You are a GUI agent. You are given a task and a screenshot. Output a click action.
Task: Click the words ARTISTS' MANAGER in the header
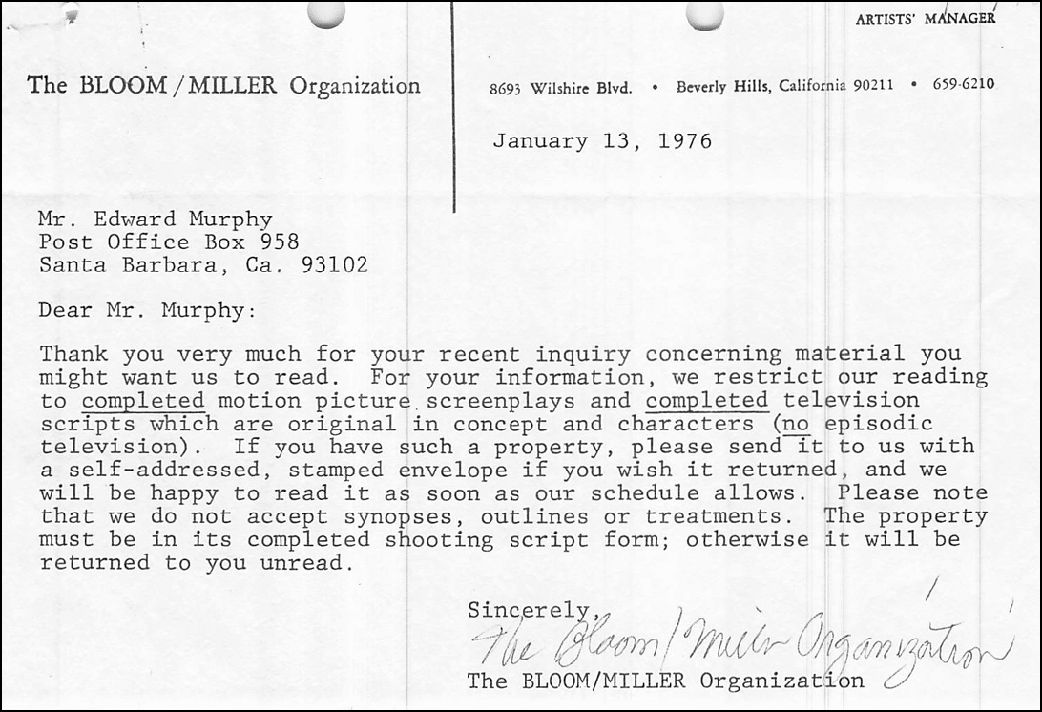tap(925, 18)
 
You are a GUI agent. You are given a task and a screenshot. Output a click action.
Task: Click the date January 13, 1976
tap(601, 142)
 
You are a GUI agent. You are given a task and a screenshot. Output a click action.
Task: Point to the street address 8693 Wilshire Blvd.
tap(560, 87)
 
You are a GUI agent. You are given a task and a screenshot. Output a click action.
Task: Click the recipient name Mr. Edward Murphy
tap(156, 220)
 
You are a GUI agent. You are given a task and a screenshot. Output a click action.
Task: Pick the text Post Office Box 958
tap(169, 242)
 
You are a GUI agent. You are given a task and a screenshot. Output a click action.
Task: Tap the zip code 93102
tap(334, 265)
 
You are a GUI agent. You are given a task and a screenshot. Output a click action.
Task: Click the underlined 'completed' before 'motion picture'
tap(143, 401)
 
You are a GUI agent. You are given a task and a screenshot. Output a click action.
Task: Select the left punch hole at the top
tap(326, 12)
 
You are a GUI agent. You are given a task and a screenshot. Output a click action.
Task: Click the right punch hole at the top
tap(704, 13)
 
